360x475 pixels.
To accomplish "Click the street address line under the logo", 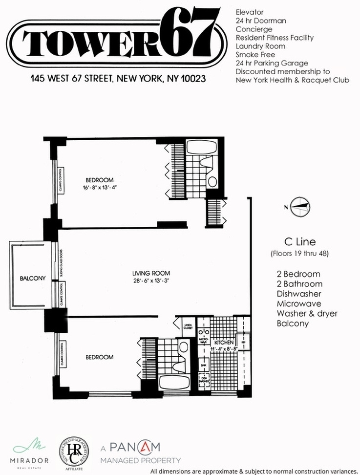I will pyautogui.click(x=117, y=78).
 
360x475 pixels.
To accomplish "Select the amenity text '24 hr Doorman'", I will pyautogui.click(x=260, y=21).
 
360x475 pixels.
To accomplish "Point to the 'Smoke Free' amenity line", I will pyautogui.click(x=255, y=55).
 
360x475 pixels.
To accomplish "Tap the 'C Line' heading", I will pyautogui.click(x=299, y=241).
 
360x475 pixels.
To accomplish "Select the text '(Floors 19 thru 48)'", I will pyautogui.click(x=299, y=254).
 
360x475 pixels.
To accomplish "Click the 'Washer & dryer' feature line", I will pyautogui.click(x=307, y=313).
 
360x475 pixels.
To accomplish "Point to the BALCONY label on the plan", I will pyautogui.click(x=32, y=279).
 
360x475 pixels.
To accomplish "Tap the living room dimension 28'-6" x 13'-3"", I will pyautogui.click(x=153, y=281).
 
